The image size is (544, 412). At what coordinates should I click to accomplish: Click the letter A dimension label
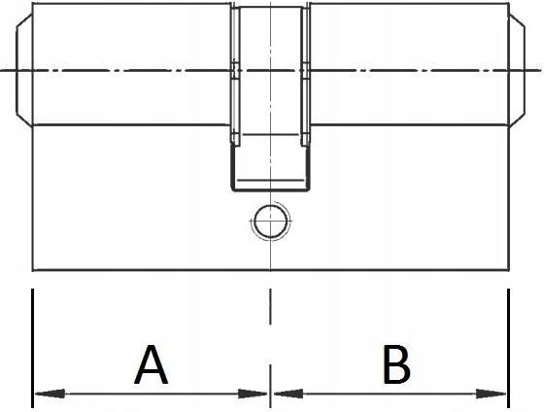coord(151,364)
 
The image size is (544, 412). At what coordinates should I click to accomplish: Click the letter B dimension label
coord(396,364)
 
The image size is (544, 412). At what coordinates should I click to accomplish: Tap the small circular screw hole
coord(270,221)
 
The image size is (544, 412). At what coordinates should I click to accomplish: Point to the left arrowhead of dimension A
coord(50,394)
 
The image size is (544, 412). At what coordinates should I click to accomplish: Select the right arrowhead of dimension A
coord(253,394)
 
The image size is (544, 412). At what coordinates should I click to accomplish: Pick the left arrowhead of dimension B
coord(289,394)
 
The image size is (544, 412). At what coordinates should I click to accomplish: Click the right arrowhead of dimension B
coord(491,394)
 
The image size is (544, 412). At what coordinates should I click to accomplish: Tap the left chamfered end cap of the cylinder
coord(24,70)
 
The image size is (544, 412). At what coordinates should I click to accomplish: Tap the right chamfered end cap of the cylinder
coord(517,70)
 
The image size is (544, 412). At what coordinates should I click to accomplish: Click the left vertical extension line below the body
coord(33,348)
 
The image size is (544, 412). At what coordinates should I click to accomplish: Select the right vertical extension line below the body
coord(509,348)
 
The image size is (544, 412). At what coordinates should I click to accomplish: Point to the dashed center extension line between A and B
coord(270,348)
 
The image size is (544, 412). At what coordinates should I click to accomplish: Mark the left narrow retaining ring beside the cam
coord(235,75)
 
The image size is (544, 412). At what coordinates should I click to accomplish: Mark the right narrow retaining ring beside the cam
coord(305,75)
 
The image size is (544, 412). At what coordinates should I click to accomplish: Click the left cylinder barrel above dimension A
coord(132,64)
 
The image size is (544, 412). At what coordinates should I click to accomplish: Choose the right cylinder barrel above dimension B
coord(409,64)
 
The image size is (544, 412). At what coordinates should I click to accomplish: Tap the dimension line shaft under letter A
coord(151,394)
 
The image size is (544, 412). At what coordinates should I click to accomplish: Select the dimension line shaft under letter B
coord(390,394)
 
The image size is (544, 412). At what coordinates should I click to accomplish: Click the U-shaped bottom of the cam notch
coord(270,189)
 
